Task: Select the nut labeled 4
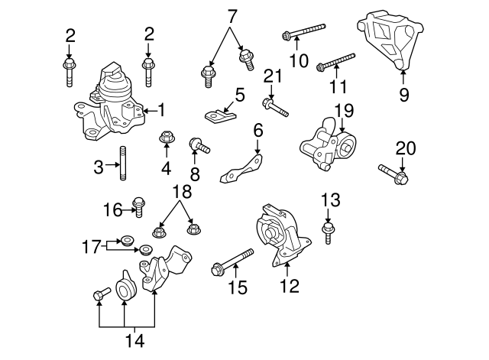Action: (x=166, y=138)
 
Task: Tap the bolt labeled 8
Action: (x=199, y=144)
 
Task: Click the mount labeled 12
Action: (x=283, y=235)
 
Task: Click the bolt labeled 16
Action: (x=138, y=205)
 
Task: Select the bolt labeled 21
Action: (x=275, y=105)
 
